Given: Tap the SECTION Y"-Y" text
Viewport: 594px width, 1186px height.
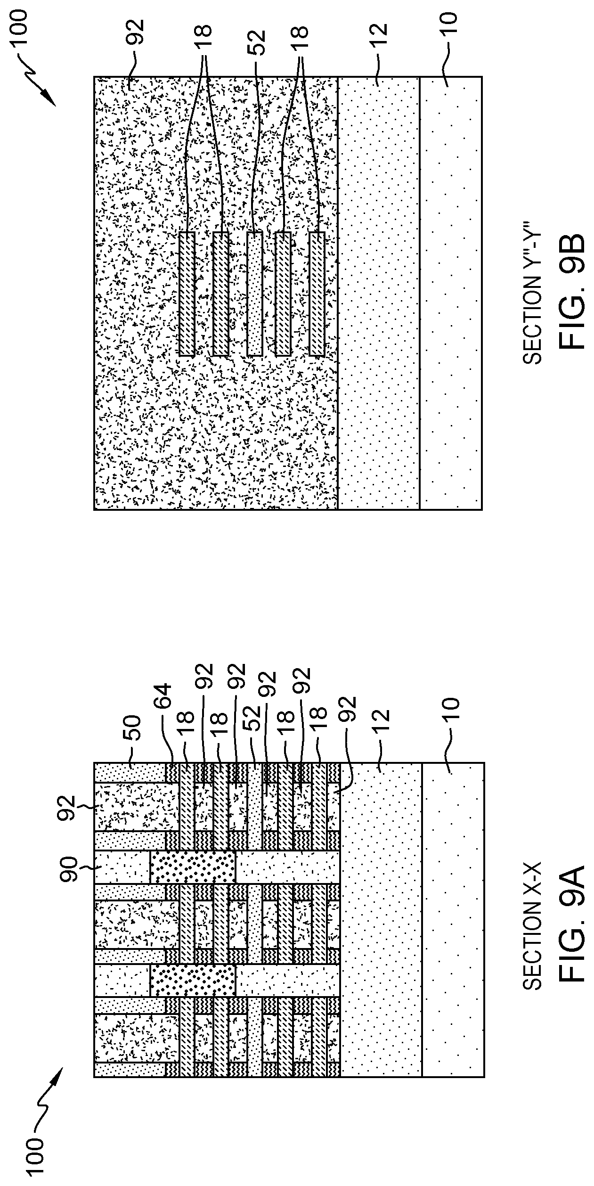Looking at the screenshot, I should (x=532, y=293).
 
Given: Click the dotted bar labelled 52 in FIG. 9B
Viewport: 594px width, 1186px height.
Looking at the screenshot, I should (x=254, y=294).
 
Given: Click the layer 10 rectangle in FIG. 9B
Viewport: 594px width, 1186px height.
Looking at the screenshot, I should (x=450, y=293).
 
